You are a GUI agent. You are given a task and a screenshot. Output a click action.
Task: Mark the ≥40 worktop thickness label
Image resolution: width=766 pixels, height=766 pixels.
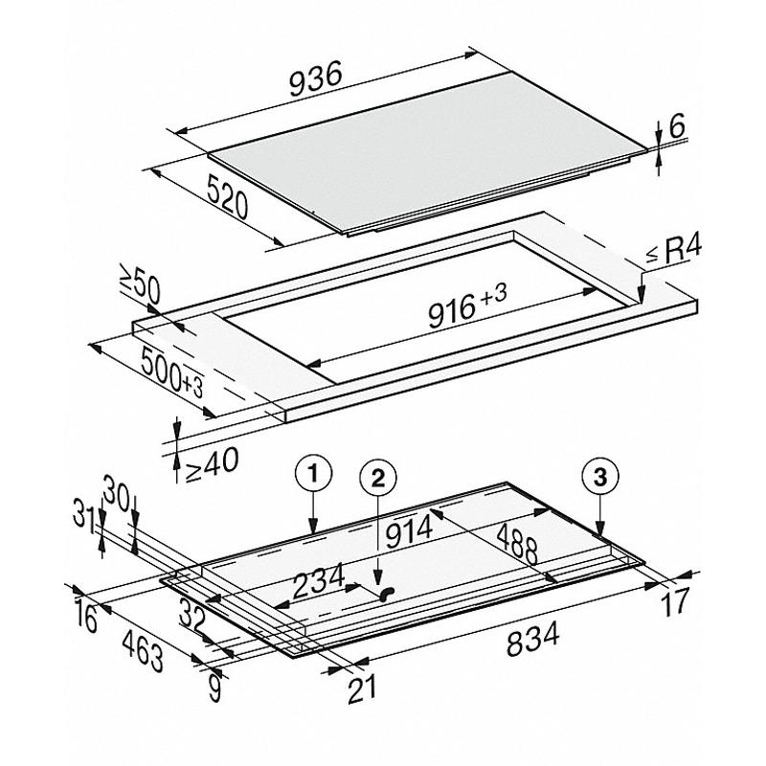207,462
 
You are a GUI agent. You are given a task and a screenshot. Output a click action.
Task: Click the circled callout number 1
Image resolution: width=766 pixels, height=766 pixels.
314,472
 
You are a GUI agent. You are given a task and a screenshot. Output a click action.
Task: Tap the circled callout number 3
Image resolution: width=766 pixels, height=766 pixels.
601,475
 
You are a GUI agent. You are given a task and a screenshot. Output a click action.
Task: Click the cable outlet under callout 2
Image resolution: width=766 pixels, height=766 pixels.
388,595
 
